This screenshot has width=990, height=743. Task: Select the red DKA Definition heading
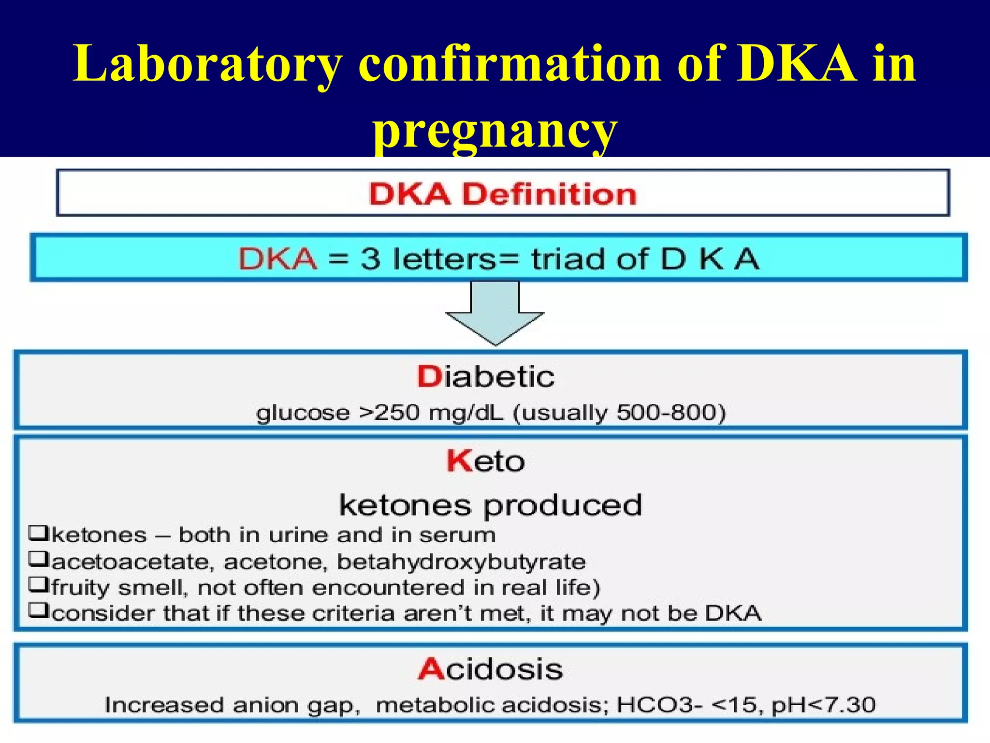(x=503, y=194)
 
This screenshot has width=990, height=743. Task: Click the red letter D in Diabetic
(x=429, y=377)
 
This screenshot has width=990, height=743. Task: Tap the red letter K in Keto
(x=458, y=461)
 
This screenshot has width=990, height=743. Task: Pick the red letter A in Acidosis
(x=431, y=669)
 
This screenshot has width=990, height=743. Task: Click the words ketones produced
(x=491, y=505)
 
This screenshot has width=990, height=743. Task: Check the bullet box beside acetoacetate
(x=38, y=560)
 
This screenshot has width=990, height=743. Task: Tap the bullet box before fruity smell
(x=38, y=585)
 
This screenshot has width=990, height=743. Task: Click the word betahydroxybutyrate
(x=461, y=562)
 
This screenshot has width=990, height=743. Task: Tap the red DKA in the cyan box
(x=277, y=259)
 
